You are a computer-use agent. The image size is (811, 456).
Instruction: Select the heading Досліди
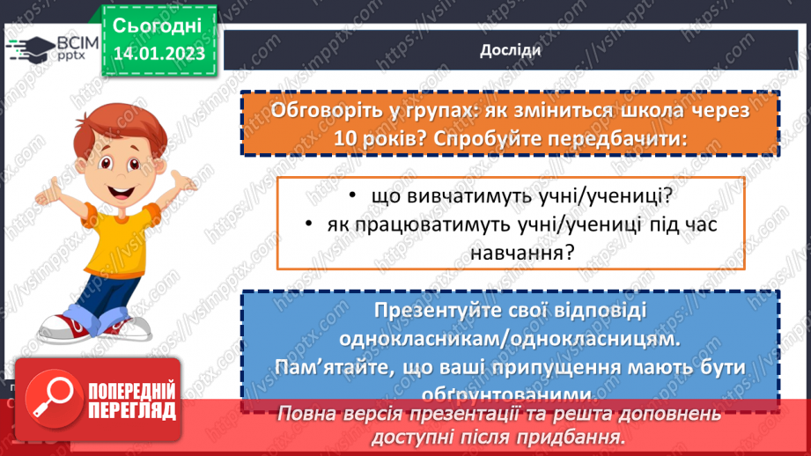tap(510, 50)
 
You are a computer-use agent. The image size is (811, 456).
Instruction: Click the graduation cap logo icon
tap(34, 48)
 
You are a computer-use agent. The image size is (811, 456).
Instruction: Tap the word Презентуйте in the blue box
tap(427, 312)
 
